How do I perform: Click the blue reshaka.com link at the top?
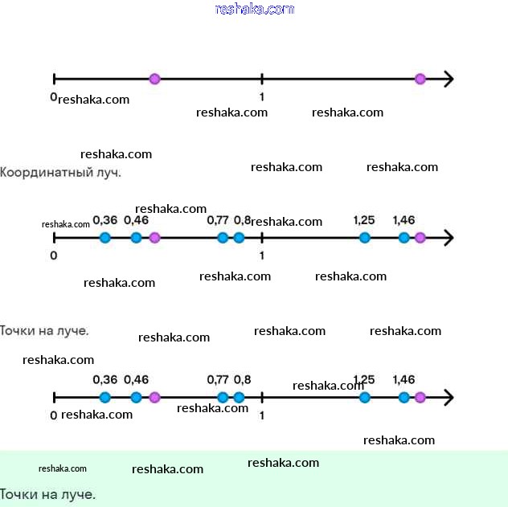coord(255,9)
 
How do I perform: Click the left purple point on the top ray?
coord(155,79)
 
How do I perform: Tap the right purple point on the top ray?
coord(420,79)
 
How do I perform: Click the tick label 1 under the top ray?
coord(262,96)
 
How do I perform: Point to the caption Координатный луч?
coord(60,172)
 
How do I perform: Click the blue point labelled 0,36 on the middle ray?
coord(105,237)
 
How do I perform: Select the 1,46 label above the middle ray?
coord(404,220)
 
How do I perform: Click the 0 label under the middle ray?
coord(54,256)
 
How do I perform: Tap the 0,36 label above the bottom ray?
coord(105,379)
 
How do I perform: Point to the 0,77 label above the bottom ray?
coord(218,379)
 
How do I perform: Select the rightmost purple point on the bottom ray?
coord(420,397)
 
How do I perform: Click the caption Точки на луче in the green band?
coord(47,494)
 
